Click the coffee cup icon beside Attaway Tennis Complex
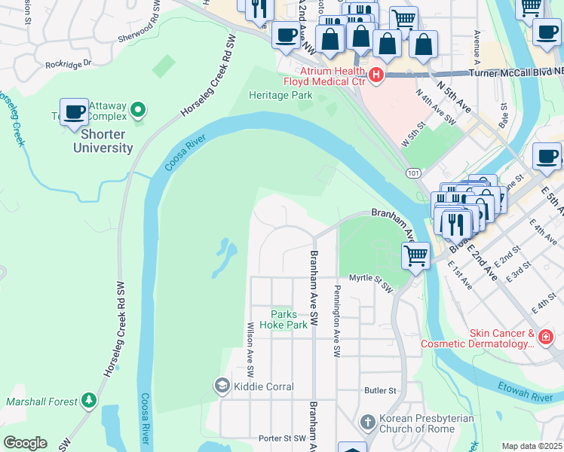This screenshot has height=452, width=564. [x=74, y=112]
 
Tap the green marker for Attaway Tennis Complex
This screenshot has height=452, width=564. [x=137, y=111]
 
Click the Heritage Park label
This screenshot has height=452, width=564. [x=280, y=96]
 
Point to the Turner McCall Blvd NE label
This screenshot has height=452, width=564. [x=515, y=73]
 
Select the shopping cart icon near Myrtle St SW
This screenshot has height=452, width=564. [x=415, y=256]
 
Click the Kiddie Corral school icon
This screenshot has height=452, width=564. [x=222, y=386]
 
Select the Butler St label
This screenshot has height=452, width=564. [x=380, y=390]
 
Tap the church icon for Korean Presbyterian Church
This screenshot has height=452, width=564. [x=368, y=423]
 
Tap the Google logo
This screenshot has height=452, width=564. [x=25, y=443]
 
